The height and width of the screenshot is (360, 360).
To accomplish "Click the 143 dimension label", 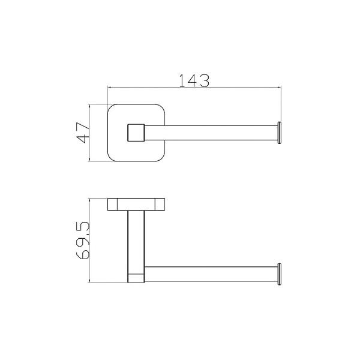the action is [194, 80].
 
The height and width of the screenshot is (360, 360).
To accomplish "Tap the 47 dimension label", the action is [83, 133].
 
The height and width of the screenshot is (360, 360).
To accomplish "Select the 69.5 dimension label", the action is [82, 241].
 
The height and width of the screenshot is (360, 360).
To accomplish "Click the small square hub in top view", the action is [136, 133].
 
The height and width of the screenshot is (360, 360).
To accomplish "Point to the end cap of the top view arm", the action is [279, 133].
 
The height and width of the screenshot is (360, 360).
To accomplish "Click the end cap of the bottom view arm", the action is [279, 274].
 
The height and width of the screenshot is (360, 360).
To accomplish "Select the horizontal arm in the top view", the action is [211, 133].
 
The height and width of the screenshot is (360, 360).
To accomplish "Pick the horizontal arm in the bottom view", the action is [211, 274].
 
